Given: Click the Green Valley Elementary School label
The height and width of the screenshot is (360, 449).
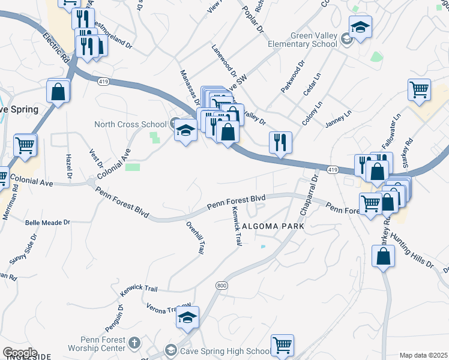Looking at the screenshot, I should click(x=313, y=40).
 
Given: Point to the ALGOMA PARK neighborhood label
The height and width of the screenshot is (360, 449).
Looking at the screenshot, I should click(x=270, y=227).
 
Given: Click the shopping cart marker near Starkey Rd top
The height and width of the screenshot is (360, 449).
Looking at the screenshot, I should click(x=419, y=90).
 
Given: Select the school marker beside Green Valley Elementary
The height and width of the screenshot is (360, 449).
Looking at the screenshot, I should click(x=360, y=27).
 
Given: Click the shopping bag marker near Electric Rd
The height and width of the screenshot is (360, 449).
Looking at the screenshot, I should click(x=58, y=92).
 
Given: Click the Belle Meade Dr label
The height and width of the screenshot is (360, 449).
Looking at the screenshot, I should click(x=47, y=222).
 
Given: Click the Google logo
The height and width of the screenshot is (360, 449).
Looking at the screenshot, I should click(x=20, y=353).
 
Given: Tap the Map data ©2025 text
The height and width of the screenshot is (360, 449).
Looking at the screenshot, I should click(x=423, y=355).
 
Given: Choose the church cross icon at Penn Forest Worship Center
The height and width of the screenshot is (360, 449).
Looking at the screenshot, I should click(x=135, y=344).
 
